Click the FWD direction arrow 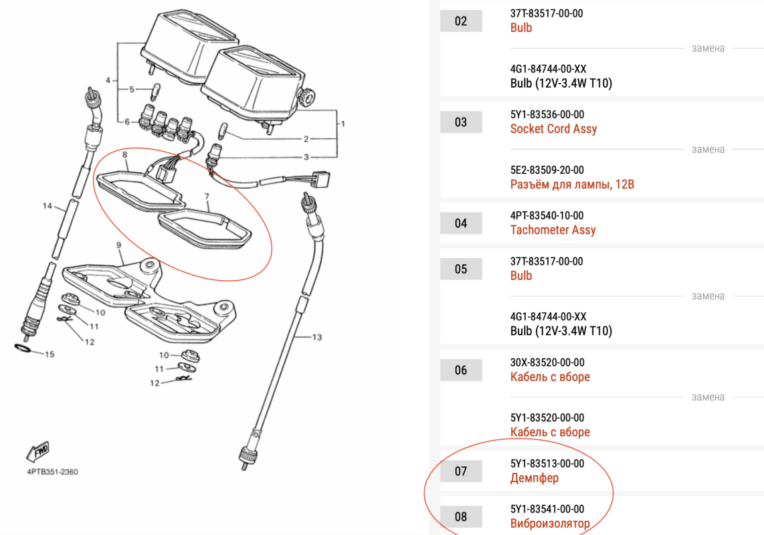coord(38,451)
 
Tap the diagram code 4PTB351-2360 coord(53,471)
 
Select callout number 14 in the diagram coord(47,205)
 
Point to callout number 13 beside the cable coord(317,337)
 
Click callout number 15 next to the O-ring coord(50,354)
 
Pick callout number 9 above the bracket coord(119,245)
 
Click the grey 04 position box coord(461,223)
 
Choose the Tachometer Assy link coord(553,230)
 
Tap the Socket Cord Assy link coord(553,128)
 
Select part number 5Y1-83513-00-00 coord(547,463)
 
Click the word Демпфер coord(535,478)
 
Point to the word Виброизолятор coord(550,524)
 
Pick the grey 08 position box coord(461,516)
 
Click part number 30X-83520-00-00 coord(547,362)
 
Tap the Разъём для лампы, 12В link coord(572,184)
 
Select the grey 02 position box coord(461,21)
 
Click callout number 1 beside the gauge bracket coord(343,124)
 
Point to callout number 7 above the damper coord(207,197)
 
